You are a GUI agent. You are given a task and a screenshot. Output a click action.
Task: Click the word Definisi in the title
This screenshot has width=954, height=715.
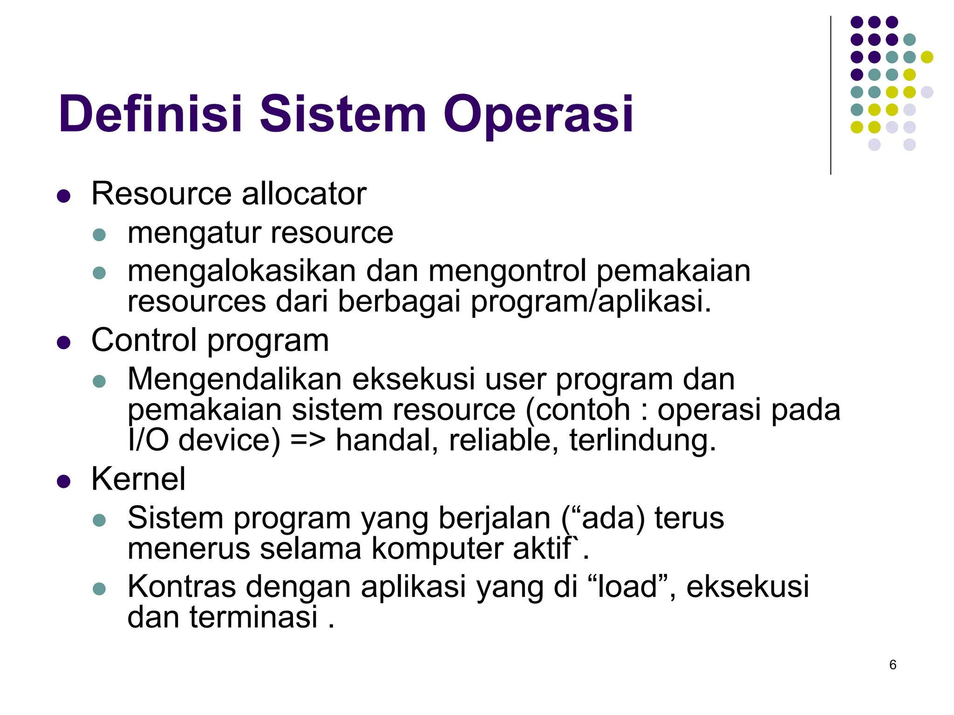point(150,114)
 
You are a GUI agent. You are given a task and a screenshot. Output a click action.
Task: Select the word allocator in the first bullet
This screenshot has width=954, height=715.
point(304,194)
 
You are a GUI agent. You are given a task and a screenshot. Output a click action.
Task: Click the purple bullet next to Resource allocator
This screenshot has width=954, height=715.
point(63,196)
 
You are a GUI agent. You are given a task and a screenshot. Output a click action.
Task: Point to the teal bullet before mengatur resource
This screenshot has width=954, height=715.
point(99,234)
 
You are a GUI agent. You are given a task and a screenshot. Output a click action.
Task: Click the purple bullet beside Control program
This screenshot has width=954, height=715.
point(63,343)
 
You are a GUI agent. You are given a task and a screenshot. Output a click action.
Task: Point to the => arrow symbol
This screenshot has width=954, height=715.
point(307,440)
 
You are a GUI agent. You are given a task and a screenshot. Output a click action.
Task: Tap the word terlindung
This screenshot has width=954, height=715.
point(642,441)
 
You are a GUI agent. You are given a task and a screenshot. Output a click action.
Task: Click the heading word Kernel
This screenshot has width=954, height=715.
point(138,479)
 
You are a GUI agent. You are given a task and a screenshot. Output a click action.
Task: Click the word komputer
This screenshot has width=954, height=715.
point(437,549)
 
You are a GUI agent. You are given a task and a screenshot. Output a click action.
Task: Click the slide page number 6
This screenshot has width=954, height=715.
point(893,665)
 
